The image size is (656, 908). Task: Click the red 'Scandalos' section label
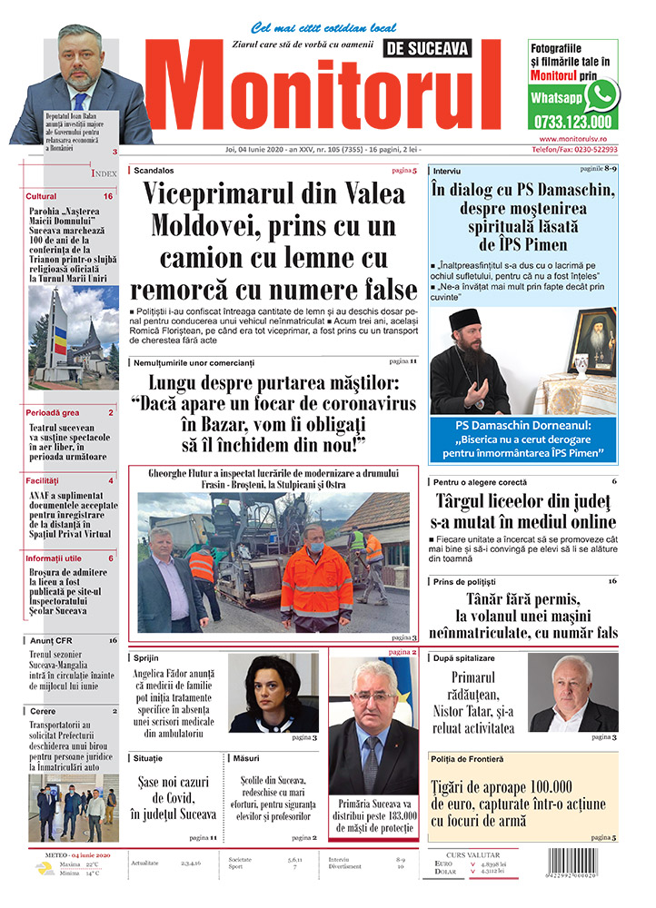point(154,170)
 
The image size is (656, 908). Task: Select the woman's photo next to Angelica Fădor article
point(273,693)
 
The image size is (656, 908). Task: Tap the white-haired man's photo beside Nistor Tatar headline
point(572,693)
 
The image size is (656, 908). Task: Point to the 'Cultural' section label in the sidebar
point(41,196)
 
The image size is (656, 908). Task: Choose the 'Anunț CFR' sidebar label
point(47,640)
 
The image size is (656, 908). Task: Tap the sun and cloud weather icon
point(43,868)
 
